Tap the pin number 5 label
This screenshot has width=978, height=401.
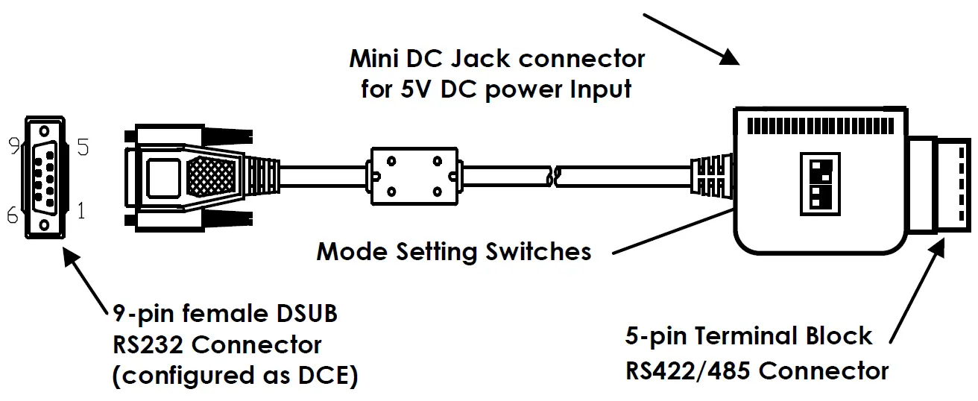pyautogui.click(x=83, y=148)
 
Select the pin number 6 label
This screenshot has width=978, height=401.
pyautogui.click(x=12, y=215)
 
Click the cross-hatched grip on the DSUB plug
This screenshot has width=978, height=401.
pyautogui.click(x=212, y=177)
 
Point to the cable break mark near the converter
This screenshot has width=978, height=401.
pyautogui.click(x=552, y=177)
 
